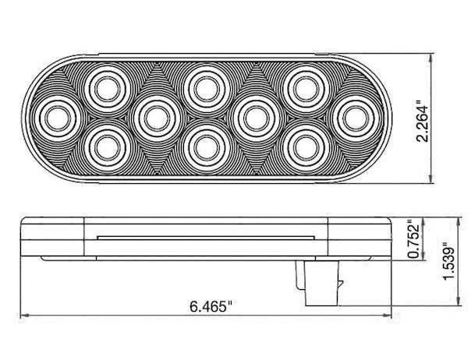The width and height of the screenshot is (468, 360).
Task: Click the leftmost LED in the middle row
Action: pos(55,116)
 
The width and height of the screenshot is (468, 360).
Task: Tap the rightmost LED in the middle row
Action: pos(353,116)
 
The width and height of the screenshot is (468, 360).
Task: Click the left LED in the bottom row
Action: pos(104,145)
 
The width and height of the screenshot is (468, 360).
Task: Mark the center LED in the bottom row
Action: pos(204,145)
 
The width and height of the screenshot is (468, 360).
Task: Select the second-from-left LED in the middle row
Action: pos(154,116)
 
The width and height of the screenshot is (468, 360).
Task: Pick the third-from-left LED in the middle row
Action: pos(254,116)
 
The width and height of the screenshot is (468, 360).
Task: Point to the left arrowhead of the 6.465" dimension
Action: pos(24,315)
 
